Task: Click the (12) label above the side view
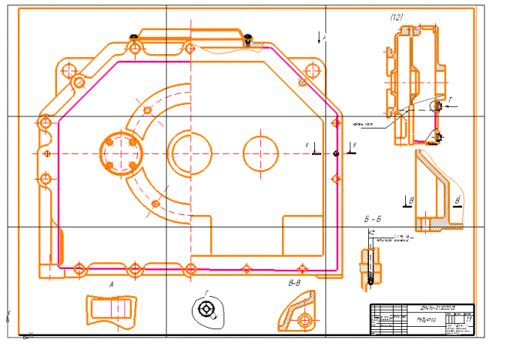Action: (x=397, y=17)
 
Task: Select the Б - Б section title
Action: (x=374, y=220)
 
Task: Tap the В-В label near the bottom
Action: (x=293, y=284)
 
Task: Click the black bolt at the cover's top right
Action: (x=248, y=35)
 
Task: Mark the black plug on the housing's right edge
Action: (x=337, y=153)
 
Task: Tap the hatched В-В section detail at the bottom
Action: (x=297, y=312)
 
